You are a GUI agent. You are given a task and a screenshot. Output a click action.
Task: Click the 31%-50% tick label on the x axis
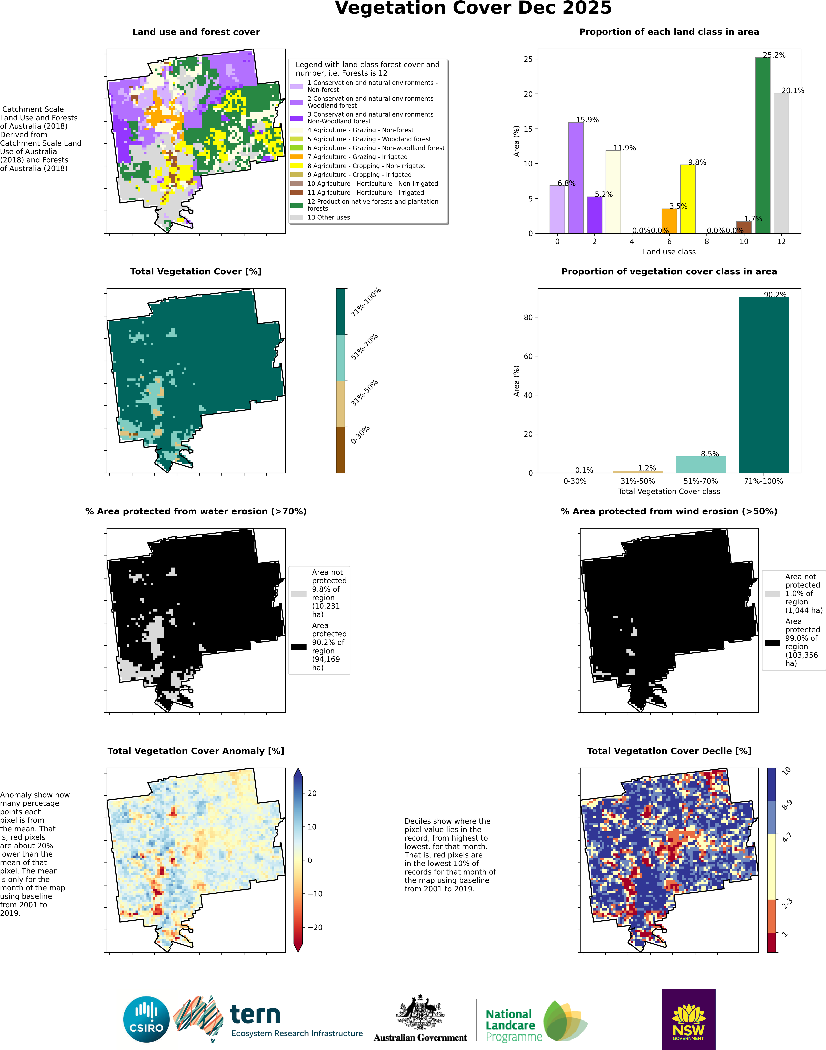pos(637,481)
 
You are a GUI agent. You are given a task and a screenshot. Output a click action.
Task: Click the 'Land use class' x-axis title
pos(669,252)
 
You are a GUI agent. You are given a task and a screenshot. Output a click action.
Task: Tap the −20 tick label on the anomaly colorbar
pos(315,927)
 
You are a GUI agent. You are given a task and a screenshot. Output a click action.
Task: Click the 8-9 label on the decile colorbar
pos(787,805)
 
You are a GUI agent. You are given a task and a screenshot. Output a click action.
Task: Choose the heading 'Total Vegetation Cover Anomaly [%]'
pos(196,751)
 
